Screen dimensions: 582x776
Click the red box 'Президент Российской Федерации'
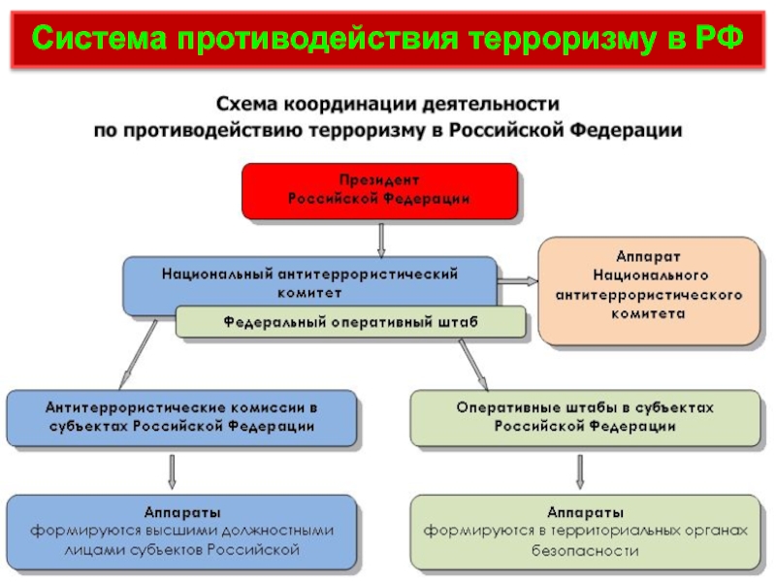(379, 190)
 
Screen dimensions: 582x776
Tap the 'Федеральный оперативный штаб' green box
(350, 321)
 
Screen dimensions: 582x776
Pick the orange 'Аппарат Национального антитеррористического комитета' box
(649, 290)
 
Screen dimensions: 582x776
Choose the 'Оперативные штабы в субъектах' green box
(584, 417)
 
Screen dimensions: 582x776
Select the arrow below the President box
(381, 238)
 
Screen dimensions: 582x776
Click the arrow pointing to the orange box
(518, 280)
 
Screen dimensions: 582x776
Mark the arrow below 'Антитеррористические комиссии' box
(173, 470)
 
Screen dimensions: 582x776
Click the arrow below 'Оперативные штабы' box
(581, 470)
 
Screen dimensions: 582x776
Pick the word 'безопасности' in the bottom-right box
(584, 550)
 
